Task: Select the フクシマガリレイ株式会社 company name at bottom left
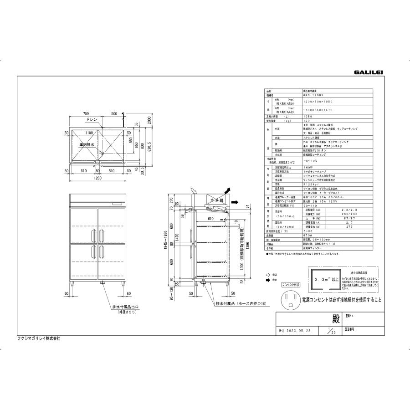42,338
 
